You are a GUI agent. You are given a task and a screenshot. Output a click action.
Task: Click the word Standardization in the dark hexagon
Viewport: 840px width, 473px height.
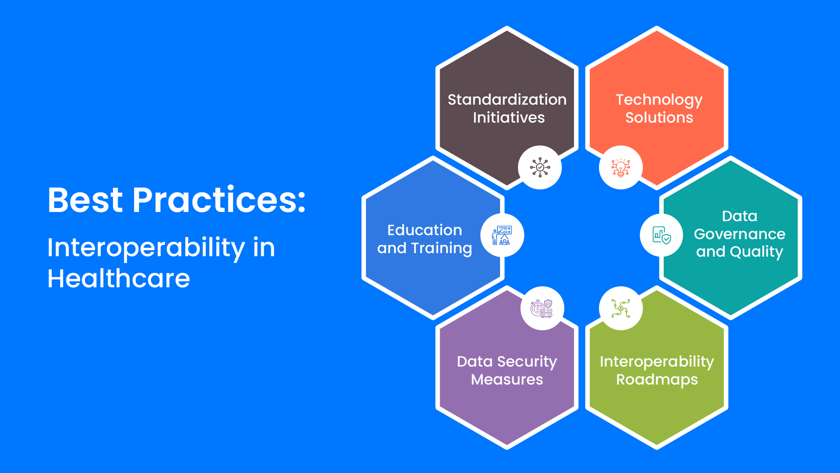[507, 100]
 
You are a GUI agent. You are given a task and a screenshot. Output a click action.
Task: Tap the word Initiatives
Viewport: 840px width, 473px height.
[508, 118]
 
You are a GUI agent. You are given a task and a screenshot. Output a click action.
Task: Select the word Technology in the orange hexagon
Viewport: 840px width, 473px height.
[659, 100]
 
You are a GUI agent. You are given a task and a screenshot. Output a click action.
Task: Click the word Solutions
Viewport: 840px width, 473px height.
[659, 118]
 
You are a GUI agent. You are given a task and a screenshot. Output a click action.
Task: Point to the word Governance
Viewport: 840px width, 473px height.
[739, 234]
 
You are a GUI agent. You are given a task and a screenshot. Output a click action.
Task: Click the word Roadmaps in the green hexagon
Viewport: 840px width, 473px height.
[657, 380]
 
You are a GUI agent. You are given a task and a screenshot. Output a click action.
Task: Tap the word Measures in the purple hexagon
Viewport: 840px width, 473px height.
[507, 380]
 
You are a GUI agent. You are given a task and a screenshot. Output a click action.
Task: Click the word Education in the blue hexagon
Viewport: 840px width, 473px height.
[424, 230]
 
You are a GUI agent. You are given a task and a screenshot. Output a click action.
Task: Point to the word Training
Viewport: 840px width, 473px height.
[441, 248]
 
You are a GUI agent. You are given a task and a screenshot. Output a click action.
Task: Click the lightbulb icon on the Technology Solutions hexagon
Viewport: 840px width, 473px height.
[620, 168]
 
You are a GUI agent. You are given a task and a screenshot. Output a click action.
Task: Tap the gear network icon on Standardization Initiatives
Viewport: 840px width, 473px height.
[540, 167]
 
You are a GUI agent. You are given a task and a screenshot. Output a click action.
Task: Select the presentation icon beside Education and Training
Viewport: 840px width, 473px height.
[502, 236]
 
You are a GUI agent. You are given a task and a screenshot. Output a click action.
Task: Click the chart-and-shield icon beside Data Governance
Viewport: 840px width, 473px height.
[661, 236]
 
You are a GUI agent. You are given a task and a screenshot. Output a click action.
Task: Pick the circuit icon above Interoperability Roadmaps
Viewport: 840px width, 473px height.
[620, 308]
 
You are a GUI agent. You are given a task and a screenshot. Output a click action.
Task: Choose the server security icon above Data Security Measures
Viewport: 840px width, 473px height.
[542, 308]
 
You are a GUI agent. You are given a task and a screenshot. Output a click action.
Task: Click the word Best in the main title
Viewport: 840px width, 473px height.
[85, 201]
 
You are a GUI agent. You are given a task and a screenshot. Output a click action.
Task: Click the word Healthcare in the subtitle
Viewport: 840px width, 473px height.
[119, 279]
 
